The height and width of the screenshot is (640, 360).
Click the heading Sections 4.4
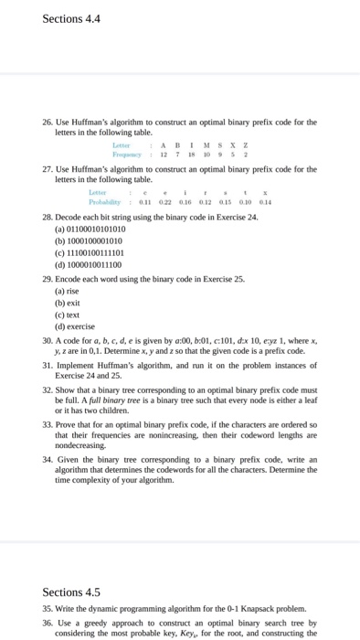tap(71, 18)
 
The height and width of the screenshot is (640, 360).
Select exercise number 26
tap(48, 122)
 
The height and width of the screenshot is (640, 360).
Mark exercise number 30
tap(48, 339)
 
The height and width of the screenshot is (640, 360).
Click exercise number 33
tap(48, 425)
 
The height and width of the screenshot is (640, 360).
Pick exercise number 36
tap(48, 624)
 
